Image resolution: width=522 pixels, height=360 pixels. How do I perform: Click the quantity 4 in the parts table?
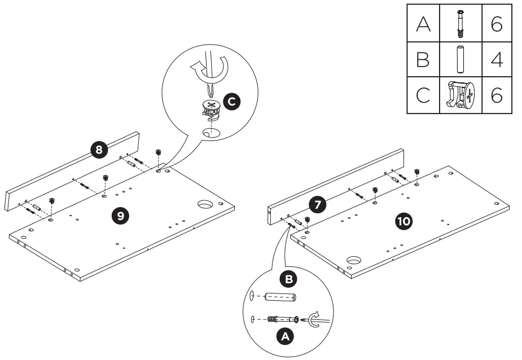coord(497,60)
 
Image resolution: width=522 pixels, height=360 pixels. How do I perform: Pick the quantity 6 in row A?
coord(497,25)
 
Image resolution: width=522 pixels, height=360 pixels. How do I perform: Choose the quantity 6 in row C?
coord(497,95)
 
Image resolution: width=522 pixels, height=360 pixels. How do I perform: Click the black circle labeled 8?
coord(99,150)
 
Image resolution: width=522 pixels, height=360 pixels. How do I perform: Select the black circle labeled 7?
coord(319,205)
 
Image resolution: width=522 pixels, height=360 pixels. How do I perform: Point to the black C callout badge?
coord(231,102)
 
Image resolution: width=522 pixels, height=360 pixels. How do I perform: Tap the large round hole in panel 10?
coord(354,261)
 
